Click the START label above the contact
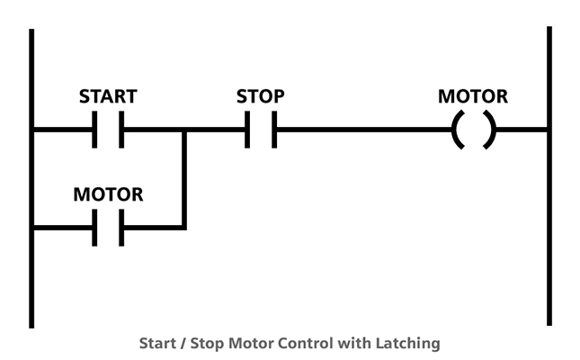tap(107, 96)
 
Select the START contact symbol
tap(108, 130)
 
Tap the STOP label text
tap(260, 96)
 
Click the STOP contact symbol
tap(261, 130)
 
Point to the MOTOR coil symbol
tap(473, 130)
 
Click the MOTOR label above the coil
tap(473, 96)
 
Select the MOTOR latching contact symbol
tap(108, 228)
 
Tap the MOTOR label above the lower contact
tap(108, 194)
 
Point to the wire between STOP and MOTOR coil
tap(360, 130)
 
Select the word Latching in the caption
tap(412, 343)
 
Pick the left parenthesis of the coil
tap(458, 130)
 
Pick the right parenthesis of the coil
tap(488, 130)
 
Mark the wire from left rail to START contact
tap(63, 130)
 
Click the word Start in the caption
tap(157, 343)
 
